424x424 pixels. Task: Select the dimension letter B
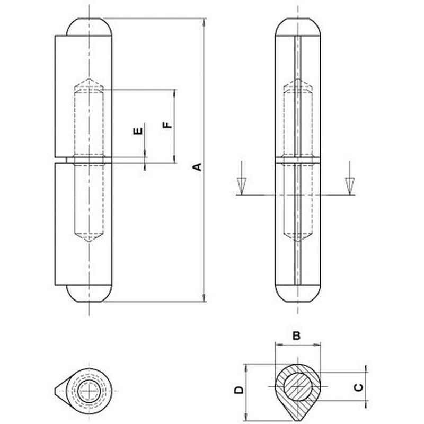pos(297,335)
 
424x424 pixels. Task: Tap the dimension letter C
pos(359,387)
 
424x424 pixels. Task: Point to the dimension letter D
pos(239,390)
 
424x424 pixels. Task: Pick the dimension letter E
pos(138,131)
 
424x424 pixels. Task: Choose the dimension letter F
pos(167,125)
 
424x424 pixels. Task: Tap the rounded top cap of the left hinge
pos(89,26)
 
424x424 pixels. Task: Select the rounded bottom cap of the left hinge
pos(89,294)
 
